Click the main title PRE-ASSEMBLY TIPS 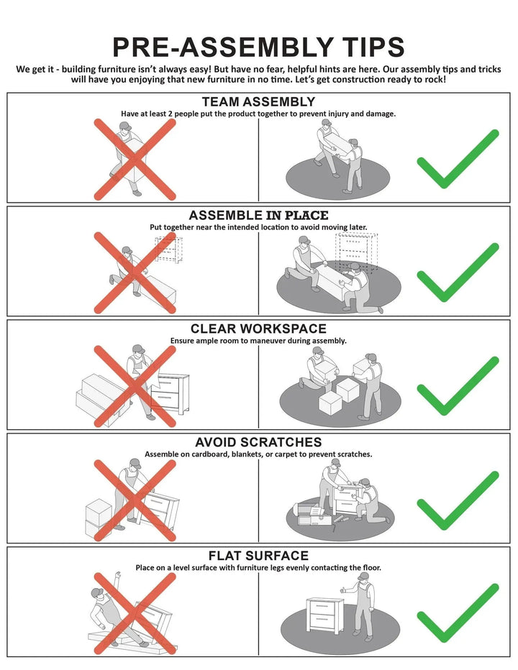point(258,47)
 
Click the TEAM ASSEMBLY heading point(258,101)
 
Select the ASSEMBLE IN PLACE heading point(258,215)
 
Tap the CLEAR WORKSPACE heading point(258,329)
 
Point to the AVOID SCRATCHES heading point(258,442)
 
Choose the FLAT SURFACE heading point(258,556)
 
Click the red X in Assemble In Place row point(135,272)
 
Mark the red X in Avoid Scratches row point(135,500)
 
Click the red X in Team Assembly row point(135,160)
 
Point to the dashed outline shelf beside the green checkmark point(356,253)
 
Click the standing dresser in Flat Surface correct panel point(325,616)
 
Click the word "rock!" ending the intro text point(435,80)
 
